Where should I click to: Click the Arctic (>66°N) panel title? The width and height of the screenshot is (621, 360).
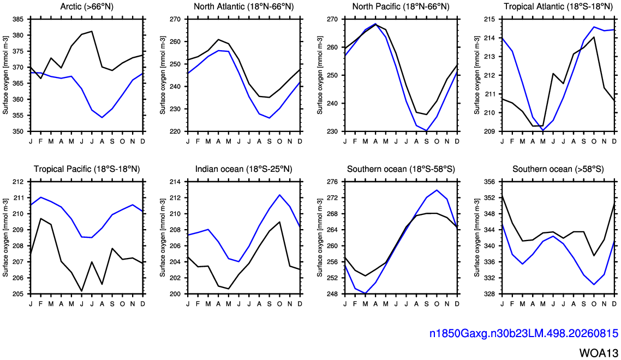pyautogui.click(x=87, y=7)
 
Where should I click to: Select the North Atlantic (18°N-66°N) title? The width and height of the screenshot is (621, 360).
pyautogui.click(x=243, y=7)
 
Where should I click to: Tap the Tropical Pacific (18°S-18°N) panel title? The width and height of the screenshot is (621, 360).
pyautogui.click(x=87, y=169)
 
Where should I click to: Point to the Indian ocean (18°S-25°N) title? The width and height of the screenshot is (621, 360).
pyautogui.click(x=243, y=169)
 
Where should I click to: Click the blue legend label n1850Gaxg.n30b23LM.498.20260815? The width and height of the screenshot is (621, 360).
pyautogui.click(x=523, y=333)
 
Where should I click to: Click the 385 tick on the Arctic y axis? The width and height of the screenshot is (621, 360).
pyautogui.click(x=18, y=19)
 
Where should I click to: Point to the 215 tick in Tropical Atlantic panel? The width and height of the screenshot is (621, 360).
pyautogui.click(x=491, y=19)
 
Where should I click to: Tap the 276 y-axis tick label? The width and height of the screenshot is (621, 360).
pyautogui.click(x=333, y=182)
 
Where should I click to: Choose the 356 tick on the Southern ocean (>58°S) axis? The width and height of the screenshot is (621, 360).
pyautogui.click(x=491, y=182)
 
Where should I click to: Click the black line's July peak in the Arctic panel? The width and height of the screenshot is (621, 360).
pyautogui.click(x=92, y=31)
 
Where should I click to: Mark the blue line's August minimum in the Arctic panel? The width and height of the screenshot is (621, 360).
pyautogui.click(x=102, y=118)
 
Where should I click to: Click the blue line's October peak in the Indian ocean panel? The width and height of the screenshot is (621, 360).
pyautogui.click(x=279, y=195)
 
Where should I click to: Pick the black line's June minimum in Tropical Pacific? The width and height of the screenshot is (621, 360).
pyautogui.click(x=82, y=291)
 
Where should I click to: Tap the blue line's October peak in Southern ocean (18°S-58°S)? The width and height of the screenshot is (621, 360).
pyautogui.click(x=437, y=190)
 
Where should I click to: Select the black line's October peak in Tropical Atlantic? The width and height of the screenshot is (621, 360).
pyautogui.click(x=594, y=37)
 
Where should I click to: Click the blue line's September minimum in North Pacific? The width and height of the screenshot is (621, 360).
pyautogui.click(x=427, y=131)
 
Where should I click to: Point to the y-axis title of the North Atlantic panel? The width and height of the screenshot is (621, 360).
pyautogui.click(x=163, y=75)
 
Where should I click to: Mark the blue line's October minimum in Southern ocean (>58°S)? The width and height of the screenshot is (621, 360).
pyautogui.click(x=594, y=284)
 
